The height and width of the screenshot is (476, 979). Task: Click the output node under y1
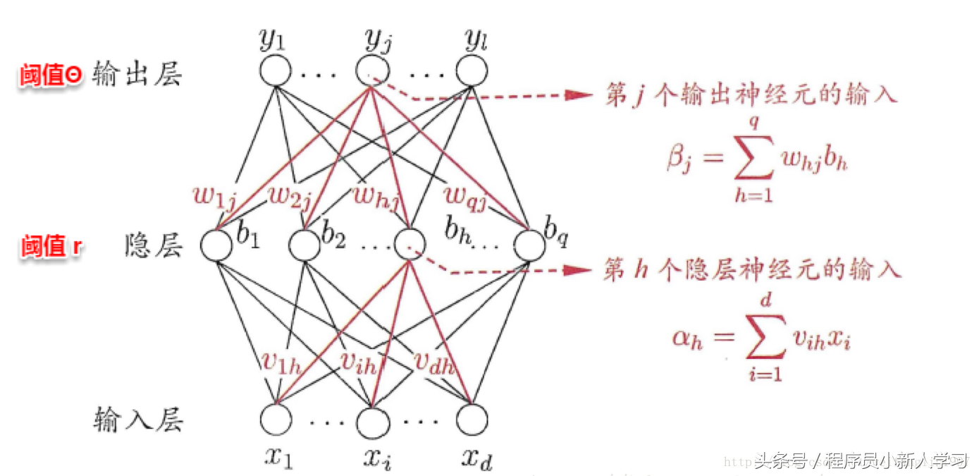tap(275, 71)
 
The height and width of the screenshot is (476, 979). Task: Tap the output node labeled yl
tap(471, 71)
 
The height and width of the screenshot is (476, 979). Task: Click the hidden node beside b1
tap(216, 245)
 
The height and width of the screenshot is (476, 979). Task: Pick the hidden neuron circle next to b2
tap(305, 245)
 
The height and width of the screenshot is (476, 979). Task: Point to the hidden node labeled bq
tap(529, 245)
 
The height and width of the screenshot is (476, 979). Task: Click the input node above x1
tap(275, 420)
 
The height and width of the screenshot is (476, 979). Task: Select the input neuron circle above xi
tap(372, 422)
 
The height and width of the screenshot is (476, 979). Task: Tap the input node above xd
tap(471, 420)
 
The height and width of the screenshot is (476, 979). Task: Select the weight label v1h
tap(281, 362)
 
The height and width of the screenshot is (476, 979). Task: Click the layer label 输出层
tap(136, 74)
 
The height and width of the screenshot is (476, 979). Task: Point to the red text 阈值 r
tap(51, 246)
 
